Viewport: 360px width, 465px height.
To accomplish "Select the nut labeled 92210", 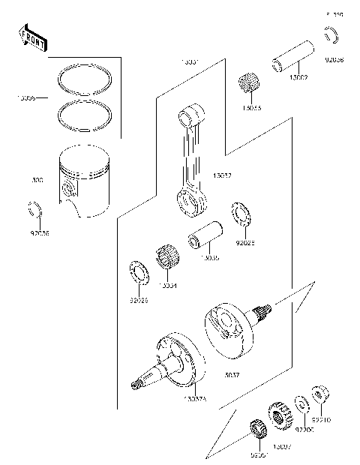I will [x=317, y=393].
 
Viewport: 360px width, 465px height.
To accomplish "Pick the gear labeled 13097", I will [x=280, y=415].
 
